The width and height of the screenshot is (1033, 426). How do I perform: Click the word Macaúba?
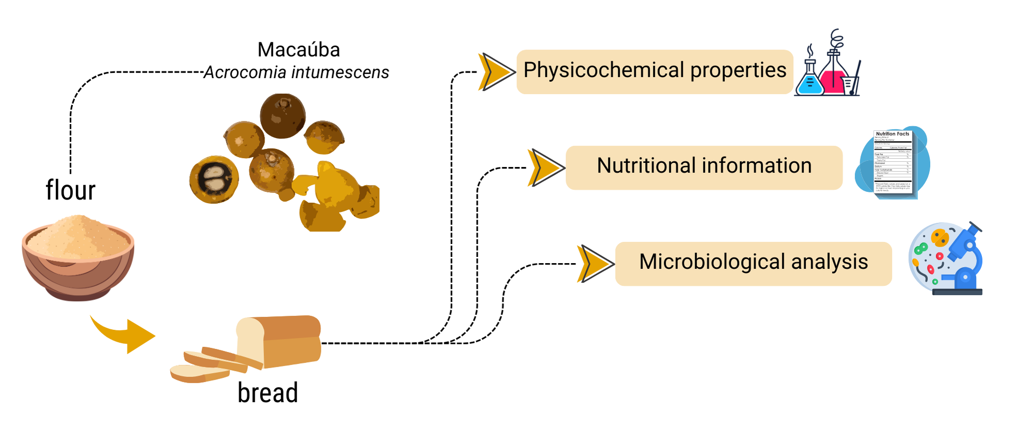pyautogui.click(x=299, y=50)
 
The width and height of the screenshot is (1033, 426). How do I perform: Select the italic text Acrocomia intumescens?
pyautogui.click(x=296, y=72)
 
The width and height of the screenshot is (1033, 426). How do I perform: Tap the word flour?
pyautogui.click(x=71, y=190)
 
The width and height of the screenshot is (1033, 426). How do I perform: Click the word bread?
pyautogui.click(x=268, y=392)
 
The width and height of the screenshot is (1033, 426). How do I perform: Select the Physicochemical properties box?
pyautogui.click(x=654, y=71)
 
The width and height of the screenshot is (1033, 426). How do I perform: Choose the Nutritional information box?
pyautogui.click(x=704, y=167)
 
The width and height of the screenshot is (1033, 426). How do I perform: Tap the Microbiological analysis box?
pyautogui.click(x=753, y=263)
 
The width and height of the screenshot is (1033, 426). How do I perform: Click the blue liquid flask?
pyautogui.click(x=809, y=80)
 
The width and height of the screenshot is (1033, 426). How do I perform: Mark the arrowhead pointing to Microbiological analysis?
pyautogui.click(x=594, y=264)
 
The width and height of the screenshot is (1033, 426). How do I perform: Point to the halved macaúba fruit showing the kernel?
pyautogui.click(x=214, y=179)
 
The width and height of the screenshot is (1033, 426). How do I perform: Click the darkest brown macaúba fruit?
pyautogui.click(x=282, y=115)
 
